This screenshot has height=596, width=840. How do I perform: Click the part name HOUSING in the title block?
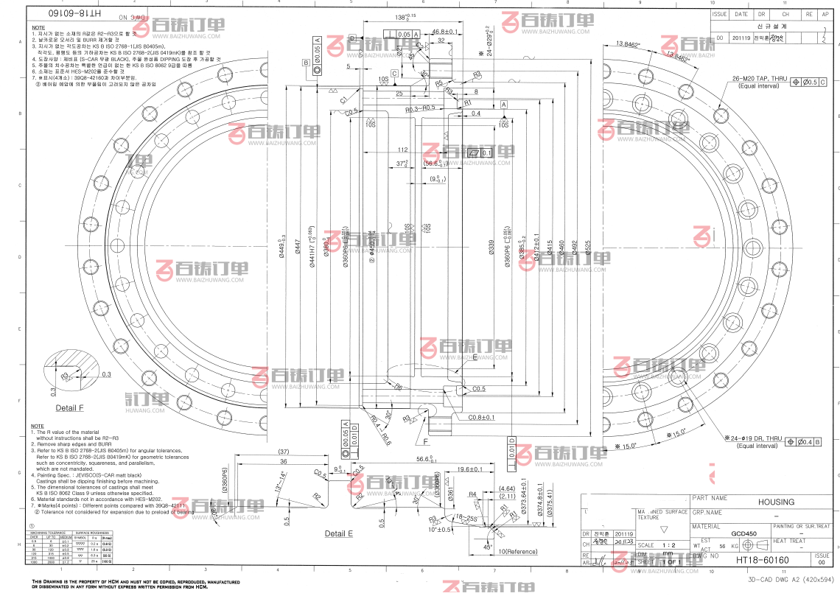(776, 502)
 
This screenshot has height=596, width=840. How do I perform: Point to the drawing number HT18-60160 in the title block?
(761, 561)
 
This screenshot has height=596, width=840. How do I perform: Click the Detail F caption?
(70, 407)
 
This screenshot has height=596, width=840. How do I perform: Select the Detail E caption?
(339, 533)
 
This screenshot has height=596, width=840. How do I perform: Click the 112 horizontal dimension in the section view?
(402, 150)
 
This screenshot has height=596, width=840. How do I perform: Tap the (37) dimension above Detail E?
(283, 452)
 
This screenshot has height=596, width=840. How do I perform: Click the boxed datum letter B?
(305, 63)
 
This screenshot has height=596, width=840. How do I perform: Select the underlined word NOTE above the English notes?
(37, 427)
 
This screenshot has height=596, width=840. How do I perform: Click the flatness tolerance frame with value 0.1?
(480, 152)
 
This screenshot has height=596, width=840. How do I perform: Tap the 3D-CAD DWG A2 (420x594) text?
(788, 580)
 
